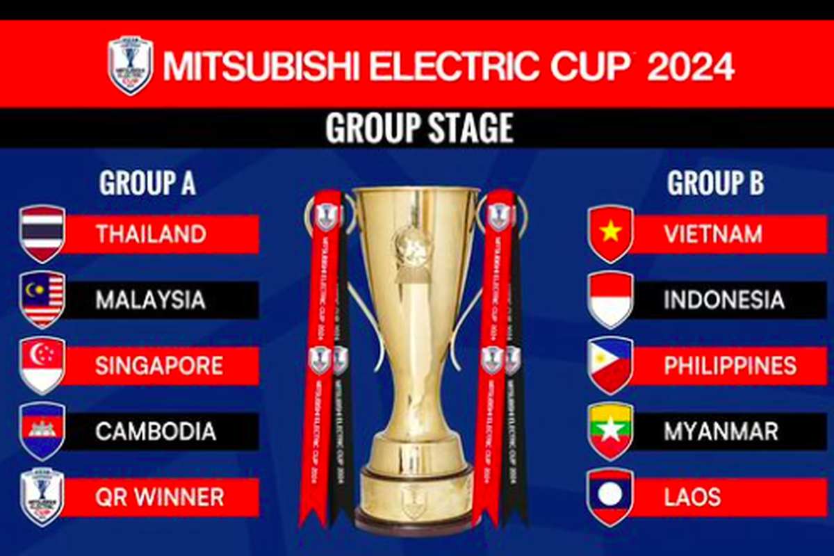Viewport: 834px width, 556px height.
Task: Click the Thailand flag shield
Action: coord(42,234)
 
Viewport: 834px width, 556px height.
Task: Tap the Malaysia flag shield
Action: coord(42,300)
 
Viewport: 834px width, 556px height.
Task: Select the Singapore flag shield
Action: coord(42,366)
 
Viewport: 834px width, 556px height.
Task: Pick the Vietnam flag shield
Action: coord(610,234)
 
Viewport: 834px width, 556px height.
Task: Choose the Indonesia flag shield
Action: coord(610,300)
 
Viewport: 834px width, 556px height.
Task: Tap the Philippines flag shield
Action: coord(610,366)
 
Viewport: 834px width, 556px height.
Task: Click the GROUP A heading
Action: coord(147,183)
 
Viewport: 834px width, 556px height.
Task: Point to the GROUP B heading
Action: coord(715,183)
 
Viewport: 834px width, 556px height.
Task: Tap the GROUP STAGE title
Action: coord(419,128)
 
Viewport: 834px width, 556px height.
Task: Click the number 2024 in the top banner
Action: coord(690,65)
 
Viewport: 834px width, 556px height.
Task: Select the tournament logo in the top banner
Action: coord(130,65)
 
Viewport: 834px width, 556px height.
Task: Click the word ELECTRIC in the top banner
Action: coord(450,65)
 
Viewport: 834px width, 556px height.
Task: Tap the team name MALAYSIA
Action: coord(150,300)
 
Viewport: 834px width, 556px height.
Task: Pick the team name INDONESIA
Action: coord(723,300)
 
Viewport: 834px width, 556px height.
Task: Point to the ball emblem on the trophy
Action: coord(412,247)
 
